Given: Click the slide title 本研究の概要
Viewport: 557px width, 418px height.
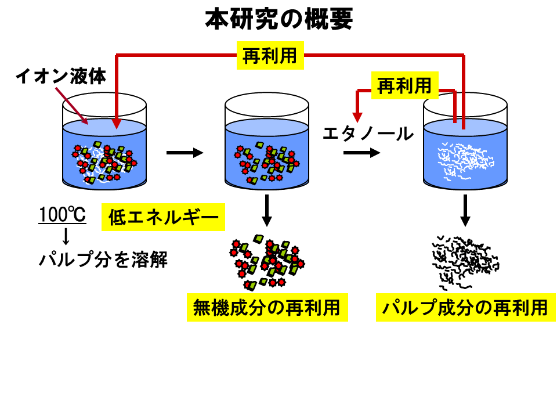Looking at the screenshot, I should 278,20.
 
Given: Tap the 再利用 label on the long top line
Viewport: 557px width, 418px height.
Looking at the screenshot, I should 270,55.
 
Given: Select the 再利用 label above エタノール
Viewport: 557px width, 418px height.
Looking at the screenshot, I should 404,86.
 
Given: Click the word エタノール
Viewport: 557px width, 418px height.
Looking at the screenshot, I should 368,134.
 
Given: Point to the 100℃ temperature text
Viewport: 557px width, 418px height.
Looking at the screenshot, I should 63,215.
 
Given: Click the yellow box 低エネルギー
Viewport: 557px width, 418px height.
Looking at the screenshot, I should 164,218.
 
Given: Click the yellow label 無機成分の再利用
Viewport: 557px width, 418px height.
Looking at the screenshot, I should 267,308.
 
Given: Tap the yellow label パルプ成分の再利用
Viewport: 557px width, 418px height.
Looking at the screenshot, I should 465,308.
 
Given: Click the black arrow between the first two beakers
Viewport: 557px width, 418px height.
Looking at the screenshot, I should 185,153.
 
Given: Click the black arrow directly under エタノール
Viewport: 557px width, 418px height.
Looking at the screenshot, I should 361,153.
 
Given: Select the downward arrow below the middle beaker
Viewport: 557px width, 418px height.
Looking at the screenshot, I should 266,211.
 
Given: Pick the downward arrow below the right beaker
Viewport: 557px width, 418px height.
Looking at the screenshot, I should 465,211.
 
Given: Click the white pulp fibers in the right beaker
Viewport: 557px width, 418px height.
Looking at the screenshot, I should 464,159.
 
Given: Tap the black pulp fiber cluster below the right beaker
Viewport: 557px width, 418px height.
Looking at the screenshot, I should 464,261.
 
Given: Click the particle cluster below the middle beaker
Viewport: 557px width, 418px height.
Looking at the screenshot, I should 267,262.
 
